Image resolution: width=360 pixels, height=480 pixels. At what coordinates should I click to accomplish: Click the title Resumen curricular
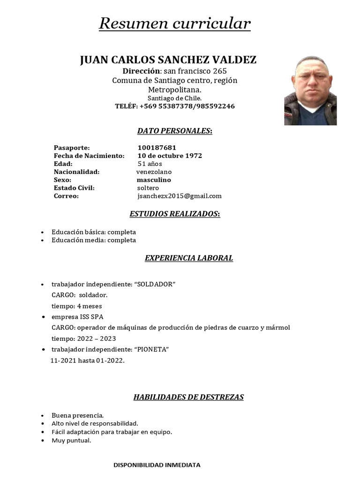pyautogui.click(x=174, y=23)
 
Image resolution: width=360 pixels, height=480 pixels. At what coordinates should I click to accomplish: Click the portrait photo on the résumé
pyautogui.click(x=310, y=90)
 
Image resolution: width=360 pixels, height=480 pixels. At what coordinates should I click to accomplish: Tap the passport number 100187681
pyautogui.click(x=157, y=148)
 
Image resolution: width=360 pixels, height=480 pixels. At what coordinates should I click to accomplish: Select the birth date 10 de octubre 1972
pyautogui.click(x=170, y=156)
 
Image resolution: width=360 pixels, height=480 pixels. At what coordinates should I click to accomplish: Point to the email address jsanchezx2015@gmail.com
pyautogui.click(x=180, y=196)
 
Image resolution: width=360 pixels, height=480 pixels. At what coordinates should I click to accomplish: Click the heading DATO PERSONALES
pyautogui.click(x=174, y=131)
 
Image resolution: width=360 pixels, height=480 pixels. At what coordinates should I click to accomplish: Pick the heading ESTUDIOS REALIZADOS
pyautogui.click(x=174, y=214)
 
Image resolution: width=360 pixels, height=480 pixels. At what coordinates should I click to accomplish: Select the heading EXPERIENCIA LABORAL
pyautogui.click(x=188, y=258)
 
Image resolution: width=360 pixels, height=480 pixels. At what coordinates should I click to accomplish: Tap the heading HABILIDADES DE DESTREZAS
pyautogui.click(x=188, y=397)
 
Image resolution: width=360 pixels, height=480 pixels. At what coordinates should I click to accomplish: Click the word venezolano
pyautogui.click(x=154, y=172)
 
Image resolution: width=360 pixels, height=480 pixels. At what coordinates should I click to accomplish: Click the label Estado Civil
pyautogui.click(x=74, y=188)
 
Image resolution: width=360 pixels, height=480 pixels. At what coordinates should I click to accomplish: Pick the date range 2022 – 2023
pyautogui.click(x=97, y=338)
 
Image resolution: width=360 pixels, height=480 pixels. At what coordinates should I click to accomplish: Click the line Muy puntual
pyautogui.click(x=71, y=441)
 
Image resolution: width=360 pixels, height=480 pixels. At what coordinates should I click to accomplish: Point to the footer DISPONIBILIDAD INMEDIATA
pyautogui.click(x=157, y=465)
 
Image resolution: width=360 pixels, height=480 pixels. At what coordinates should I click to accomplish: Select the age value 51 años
pyautogui.click(x=150, y=164)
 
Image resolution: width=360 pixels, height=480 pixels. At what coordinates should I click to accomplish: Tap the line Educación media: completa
pyautogui.click(x=94, y=240)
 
